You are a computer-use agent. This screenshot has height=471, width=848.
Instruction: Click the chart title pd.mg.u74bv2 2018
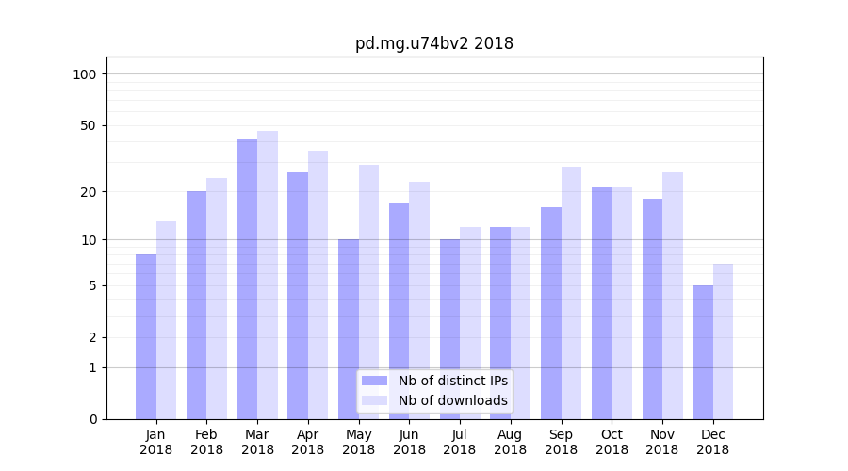(433, 43)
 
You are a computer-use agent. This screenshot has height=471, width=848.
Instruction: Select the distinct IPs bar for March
(247, 279)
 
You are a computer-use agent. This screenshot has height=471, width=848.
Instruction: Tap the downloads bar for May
(368, 292)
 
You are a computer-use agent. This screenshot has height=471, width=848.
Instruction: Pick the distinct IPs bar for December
(703, 352)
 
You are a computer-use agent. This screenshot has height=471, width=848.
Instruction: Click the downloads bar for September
(571, 293)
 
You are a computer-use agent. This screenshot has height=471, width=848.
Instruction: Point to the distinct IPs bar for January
(146, 336)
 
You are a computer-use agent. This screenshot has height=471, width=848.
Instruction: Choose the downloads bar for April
(318, 284)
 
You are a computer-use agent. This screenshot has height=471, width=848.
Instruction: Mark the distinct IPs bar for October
(601, 303)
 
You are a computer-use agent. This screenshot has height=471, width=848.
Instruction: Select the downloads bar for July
(469, 323)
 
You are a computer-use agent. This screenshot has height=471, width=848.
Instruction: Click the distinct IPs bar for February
(196, 305)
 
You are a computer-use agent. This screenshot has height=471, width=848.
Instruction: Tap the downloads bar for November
(673, 296)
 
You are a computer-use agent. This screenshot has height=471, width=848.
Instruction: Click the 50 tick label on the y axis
(89, 125)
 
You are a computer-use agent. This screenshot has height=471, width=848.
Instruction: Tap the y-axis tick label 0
(92, 419)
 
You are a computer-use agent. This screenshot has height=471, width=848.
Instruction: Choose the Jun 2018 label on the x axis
(409, 442)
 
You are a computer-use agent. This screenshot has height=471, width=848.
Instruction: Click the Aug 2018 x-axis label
(510, 442)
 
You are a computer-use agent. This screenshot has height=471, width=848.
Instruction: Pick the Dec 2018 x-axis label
(712, 442)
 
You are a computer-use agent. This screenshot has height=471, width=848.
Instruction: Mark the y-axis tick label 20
(89, 192)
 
